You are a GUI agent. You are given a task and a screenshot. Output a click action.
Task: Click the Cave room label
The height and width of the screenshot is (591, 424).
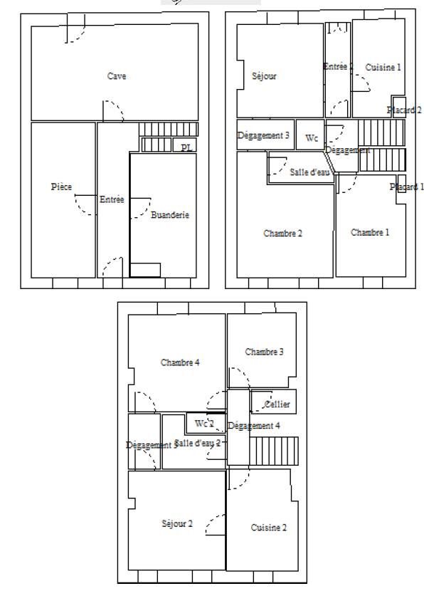pos(117,76)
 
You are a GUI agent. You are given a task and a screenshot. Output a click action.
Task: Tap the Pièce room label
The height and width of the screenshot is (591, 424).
pos(61,187)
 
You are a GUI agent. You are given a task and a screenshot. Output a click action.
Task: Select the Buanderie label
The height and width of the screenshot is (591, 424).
pos(170,214)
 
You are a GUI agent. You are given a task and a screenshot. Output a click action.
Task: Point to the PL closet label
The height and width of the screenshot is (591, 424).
pos(186,147)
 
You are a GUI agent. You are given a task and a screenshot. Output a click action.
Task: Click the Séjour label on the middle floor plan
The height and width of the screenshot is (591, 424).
pos(264,75)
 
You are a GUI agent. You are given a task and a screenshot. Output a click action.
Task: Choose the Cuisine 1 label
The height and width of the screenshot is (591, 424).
pos(383,67)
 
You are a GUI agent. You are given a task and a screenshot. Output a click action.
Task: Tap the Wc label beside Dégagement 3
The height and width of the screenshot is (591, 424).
pos(312,138)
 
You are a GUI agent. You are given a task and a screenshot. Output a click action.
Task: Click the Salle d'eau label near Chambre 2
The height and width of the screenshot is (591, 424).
pos(311,172)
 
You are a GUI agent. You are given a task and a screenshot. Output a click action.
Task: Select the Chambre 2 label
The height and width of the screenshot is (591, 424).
pos(283,233)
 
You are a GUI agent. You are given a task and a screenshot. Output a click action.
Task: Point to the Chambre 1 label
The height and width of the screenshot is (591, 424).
pos(370,232)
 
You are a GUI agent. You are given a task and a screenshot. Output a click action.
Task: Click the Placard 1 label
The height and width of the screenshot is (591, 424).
pos(406,187)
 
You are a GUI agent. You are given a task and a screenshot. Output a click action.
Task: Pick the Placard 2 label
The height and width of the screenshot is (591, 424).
pos(403,110)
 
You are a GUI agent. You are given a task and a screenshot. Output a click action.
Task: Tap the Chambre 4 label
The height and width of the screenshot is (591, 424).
pos(180,362)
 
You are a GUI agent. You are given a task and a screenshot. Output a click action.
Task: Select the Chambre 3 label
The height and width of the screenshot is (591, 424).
pos(265,352)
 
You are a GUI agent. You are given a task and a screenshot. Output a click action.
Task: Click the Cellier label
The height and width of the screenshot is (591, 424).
pos(277,404)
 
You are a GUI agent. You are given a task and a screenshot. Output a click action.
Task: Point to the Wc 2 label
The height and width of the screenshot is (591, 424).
pos(204,423)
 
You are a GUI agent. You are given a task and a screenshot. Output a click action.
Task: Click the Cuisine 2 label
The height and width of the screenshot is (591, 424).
pos(269,528)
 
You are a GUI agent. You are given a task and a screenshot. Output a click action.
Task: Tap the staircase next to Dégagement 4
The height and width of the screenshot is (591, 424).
pos(274,451)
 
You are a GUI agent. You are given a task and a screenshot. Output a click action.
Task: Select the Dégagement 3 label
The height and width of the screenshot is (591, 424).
pos(263,135)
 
